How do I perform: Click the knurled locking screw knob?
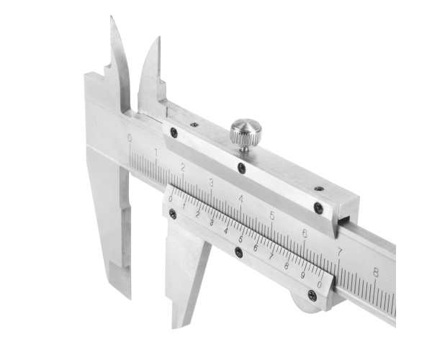[x=246, y=134]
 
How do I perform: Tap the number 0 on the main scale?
[x=130, y=138]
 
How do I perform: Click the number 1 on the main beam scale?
[x=156, y=153]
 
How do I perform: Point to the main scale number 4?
[x=241, y=199]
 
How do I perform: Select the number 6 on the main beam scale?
[x=305, y=233]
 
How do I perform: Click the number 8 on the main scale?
[x=376, y=272]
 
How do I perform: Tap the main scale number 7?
[x=340, y=252]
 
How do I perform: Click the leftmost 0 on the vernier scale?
[x=171, y=199]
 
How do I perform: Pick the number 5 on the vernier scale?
[x=240, y=239]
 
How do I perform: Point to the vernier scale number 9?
[x=303, y=275]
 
